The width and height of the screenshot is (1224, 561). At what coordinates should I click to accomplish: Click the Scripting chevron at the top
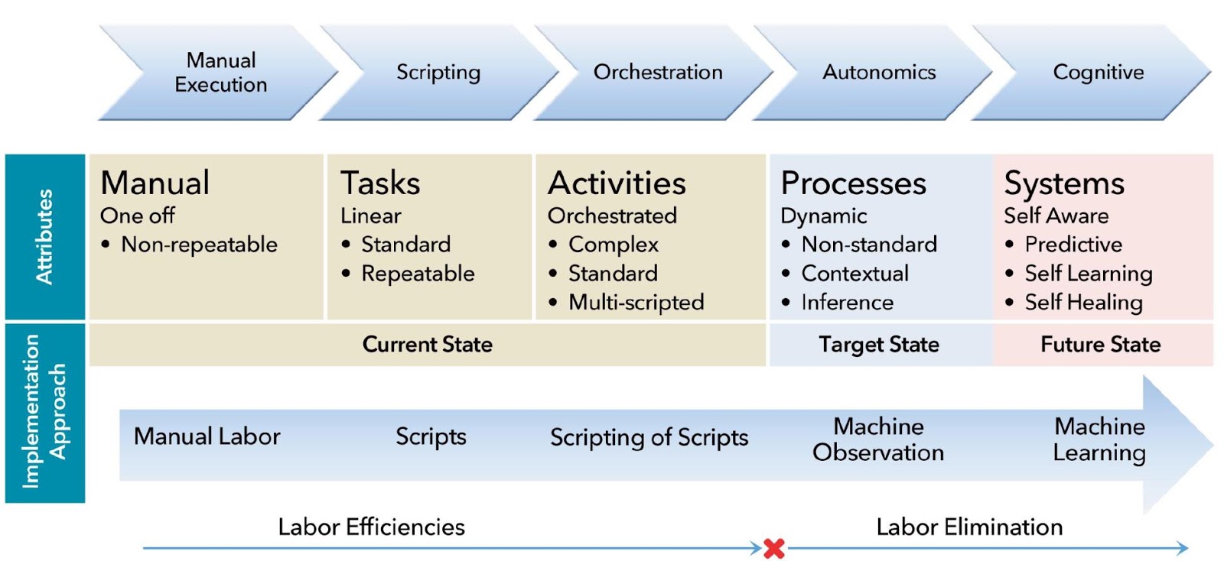438,72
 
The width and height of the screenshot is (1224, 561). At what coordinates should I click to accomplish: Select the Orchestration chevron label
658,72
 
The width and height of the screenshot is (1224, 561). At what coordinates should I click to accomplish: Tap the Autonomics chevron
879,72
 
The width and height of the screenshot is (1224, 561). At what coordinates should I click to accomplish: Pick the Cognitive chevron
1098,72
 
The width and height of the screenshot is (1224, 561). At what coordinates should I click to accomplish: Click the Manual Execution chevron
220,72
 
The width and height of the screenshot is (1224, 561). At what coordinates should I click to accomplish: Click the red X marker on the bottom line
774,548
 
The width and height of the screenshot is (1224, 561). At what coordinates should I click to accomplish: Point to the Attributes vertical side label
45,237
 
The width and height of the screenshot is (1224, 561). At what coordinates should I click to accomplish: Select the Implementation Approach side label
45,412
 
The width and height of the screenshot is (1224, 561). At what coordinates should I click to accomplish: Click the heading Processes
853,183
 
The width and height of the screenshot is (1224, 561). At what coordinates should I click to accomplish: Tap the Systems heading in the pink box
1064,183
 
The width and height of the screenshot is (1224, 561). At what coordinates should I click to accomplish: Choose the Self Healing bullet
1083,303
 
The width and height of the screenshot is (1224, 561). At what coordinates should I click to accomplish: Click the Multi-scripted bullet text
636,303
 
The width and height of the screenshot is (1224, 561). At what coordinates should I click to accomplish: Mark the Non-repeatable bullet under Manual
199,245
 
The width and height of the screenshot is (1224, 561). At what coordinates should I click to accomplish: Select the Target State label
879,345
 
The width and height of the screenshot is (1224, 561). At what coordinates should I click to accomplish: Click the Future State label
1100,345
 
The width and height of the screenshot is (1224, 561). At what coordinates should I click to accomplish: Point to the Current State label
427,345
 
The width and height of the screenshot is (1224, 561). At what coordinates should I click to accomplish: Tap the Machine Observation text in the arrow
878,439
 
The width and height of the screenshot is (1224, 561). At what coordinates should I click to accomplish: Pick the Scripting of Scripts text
649,437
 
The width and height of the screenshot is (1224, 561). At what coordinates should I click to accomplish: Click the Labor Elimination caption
969,527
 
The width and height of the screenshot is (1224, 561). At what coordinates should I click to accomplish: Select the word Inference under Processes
847,303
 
